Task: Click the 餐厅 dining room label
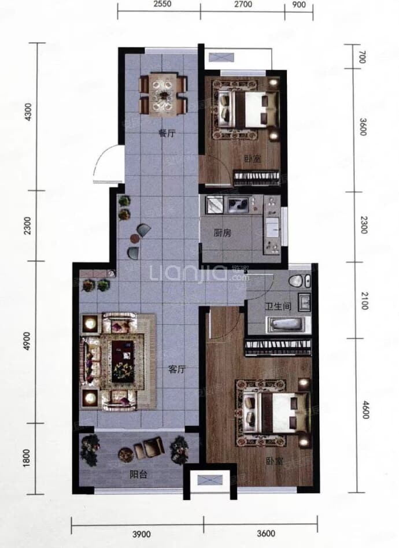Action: point(167,133)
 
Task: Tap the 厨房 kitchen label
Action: point(222,232)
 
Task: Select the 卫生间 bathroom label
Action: point(278,306)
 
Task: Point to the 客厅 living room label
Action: point(176,369)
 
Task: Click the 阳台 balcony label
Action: point(138,474)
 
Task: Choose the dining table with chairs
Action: point(163,93)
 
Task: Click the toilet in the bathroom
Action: point(300,281)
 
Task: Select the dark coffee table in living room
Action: point(123,361)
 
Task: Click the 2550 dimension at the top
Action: point(162,4)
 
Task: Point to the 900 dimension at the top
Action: point(298,5)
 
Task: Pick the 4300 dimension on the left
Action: point(28,112)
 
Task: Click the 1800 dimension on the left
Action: point(26,458)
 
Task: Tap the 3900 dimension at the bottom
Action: point(142,534)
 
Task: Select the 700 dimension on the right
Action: point(363,57)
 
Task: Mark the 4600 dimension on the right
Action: point(365,410)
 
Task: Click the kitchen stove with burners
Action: point(238,205)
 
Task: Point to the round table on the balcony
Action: point(125,454)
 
